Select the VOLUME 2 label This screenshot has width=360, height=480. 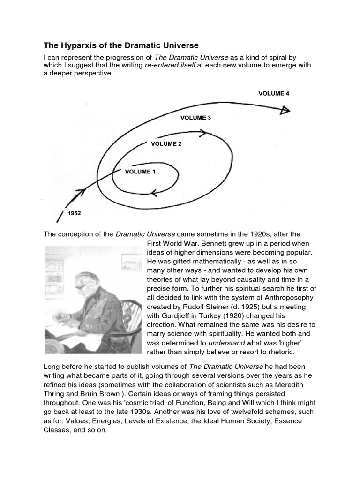[x=166, y=144]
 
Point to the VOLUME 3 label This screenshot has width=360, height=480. [x=195, y=118]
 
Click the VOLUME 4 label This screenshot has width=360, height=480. [x=274, y=93]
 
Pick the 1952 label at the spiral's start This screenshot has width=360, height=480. [x=74, y=213]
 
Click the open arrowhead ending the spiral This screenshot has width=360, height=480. [x=285, y=111]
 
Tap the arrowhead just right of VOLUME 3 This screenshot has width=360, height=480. [x=203, y=133]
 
